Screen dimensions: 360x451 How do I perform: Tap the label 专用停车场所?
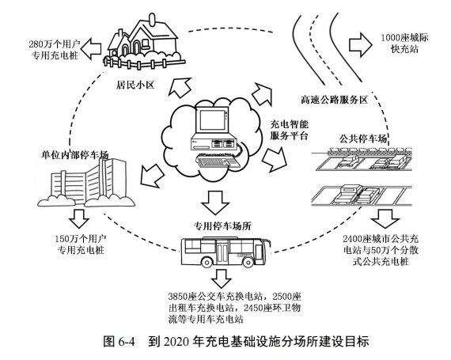tap(224, 225)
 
